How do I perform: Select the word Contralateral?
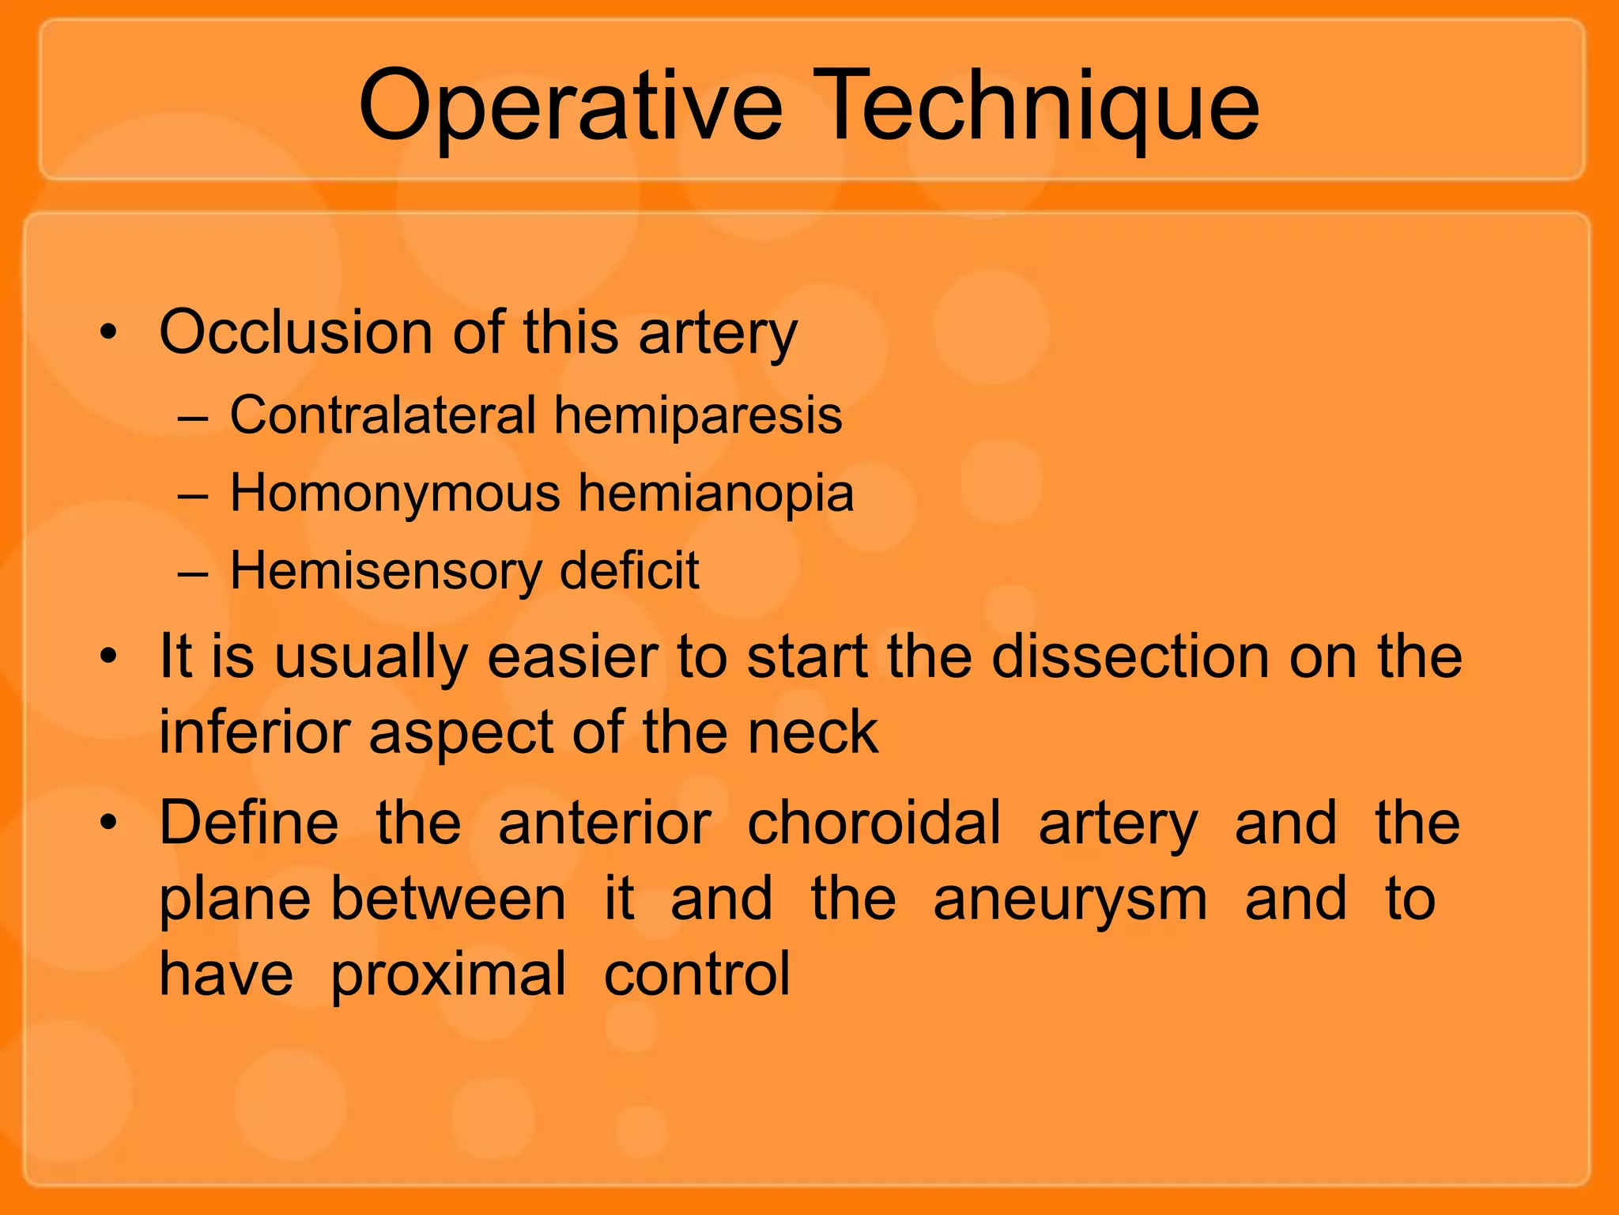(383, 414)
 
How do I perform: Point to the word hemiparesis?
(697, 416)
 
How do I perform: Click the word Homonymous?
(395, 494)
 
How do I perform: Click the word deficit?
(629, 570)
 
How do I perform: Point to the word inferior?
(255, 732)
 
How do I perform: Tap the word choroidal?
(874, 823)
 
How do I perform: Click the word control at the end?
(696, 975)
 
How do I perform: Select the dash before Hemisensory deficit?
(193, 572)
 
